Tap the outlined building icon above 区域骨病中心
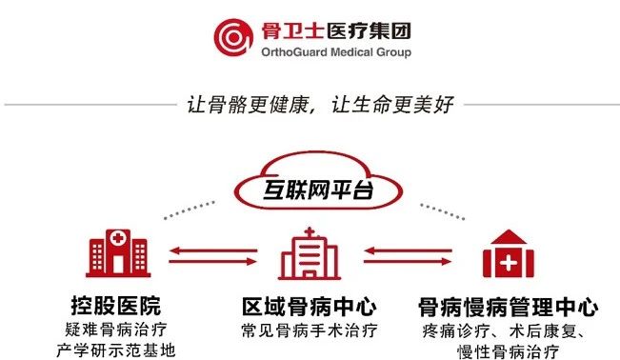[x=309, y=252]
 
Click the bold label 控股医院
[x=116, y=307]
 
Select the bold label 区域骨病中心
[x=309, y=307]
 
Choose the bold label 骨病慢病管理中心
[x=509, y=307]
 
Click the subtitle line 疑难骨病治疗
[x=116, y=330]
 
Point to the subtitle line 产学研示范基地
[x=116, y=350]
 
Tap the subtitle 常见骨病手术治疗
[x=309, y=330]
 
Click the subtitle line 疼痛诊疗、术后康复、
[x=509, y=330]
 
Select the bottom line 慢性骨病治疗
[x=509, y=350]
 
